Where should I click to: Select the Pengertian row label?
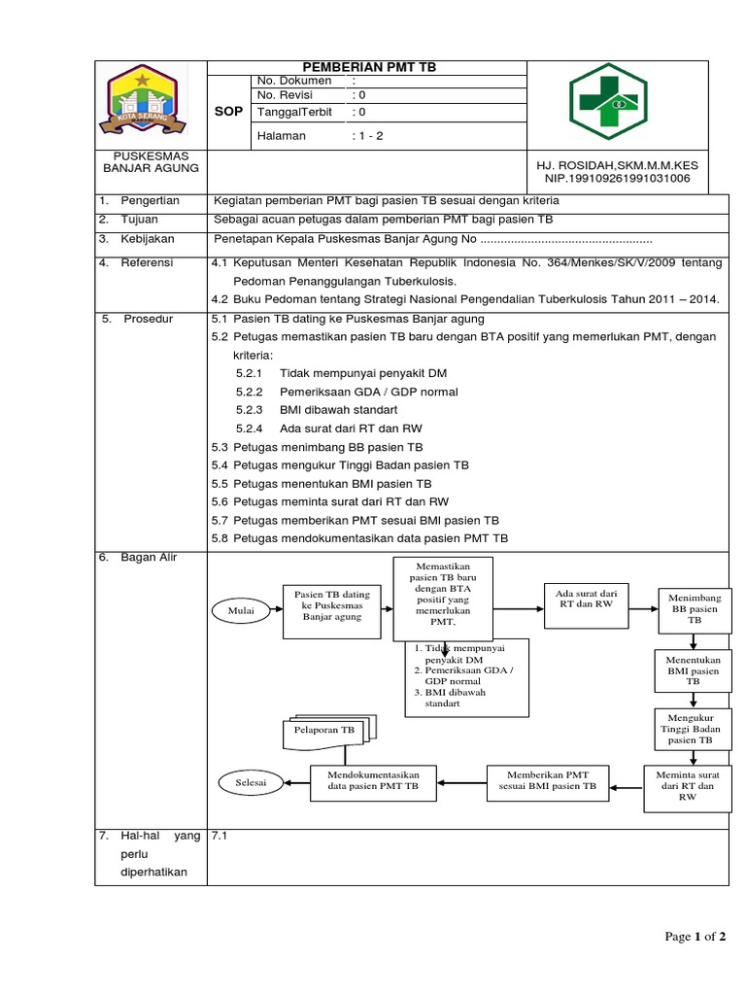[150, 200]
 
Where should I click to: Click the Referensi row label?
[147, 262]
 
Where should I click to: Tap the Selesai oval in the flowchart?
[250, 781]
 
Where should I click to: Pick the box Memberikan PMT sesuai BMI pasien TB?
[551, 780]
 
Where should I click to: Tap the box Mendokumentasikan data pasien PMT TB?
[373, 780]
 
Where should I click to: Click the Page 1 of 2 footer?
[694, 937]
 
